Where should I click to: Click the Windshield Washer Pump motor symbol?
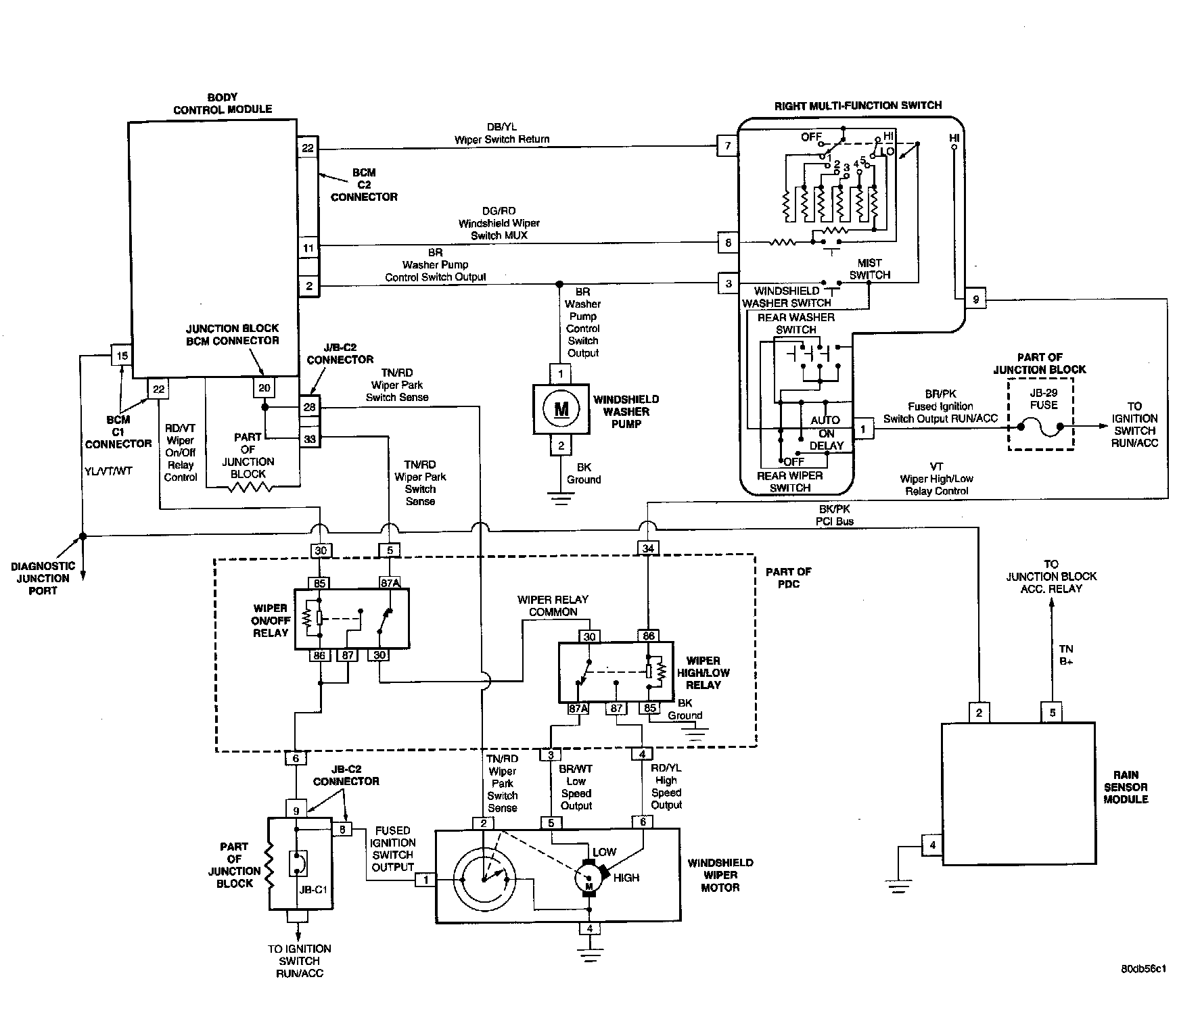(x=561, y=409)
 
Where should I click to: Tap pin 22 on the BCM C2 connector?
(x=308, y=147)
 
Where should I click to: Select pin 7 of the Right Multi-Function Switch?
(x=728, y=145)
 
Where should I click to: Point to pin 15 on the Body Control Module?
(x=122, y=356)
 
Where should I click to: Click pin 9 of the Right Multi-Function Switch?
(x=975, y=298)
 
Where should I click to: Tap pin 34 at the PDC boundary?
(x=648, y=548)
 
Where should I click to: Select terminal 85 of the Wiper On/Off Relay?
(x=319, y=582)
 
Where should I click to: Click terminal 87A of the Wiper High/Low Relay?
(x=578, y=709)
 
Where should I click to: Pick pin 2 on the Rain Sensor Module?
(x=979, y=712)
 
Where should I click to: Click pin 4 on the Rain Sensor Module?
(x=933, y=845)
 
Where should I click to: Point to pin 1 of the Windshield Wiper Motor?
(x=425, y=879)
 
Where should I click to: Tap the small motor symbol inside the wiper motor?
(x=588, y=879)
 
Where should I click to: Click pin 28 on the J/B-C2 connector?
(x=309, y=406)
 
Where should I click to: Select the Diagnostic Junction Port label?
(x=43, y=578)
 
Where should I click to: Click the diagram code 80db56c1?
(x=1143, y=968)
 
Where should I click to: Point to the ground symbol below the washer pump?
(x=561, y=500)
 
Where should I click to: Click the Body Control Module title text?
(x=223, y=103)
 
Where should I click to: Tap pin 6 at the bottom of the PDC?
(x=296, y=758)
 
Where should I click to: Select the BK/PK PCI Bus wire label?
(x=835, y=515)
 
